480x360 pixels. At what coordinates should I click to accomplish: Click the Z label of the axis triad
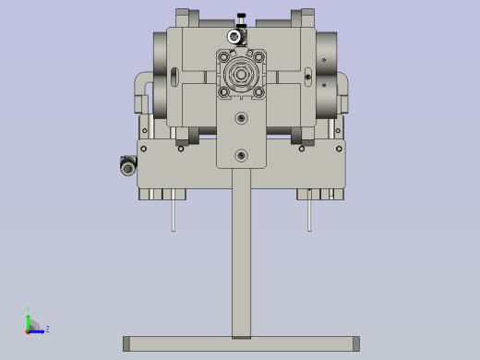click(x=47, y=329)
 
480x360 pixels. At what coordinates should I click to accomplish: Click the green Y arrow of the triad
click(x=29, y=319)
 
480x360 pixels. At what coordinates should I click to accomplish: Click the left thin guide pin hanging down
click(x=173, y=213)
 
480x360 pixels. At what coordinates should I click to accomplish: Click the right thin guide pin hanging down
click(x=310, y=213)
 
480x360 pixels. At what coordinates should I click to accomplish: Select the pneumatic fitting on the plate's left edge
click(x=128, y=165)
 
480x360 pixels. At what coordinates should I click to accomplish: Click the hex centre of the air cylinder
click(x=241, y=75)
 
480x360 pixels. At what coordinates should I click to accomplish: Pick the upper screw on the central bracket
click(x=241, y=118)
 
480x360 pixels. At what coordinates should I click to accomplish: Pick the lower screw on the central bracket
click(x=241, y=155)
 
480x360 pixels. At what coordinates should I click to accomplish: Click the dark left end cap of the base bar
click(x=126, y=343)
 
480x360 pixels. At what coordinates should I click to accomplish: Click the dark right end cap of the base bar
click(x=355, y=343)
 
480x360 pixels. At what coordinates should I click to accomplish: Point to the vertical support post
click(x=241, y=258)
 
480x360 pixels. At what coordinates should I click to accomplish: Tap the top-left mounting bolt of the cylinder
click(x=224, y=57)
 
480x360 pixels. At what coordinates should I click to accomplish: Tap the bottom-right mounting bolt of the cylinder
click(x=258, y=91)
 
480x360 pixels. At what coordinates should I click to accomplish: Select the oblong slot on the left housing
click(x=173, y=74)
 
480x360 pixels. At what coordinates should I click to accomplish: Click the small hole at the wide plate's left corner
click(x=143, y=149)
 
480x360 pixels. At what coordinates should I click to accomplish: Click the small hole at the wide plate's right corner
click(x=339, y=149)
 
